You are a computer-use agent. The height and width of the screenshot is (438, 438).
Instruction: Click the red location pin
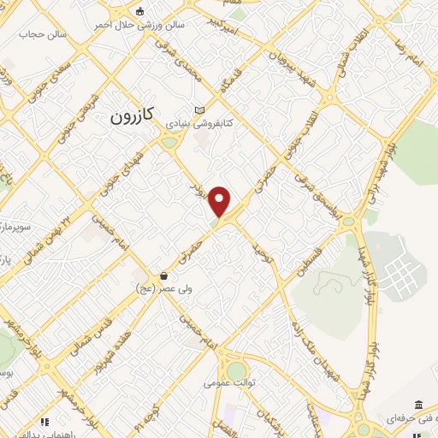221,202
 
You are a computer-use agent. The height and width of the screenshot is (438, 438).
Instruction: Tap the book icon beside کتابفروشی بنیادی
199,110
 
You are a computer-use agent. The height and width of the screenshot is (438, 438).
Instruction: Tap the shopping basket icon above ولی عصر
163,275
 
